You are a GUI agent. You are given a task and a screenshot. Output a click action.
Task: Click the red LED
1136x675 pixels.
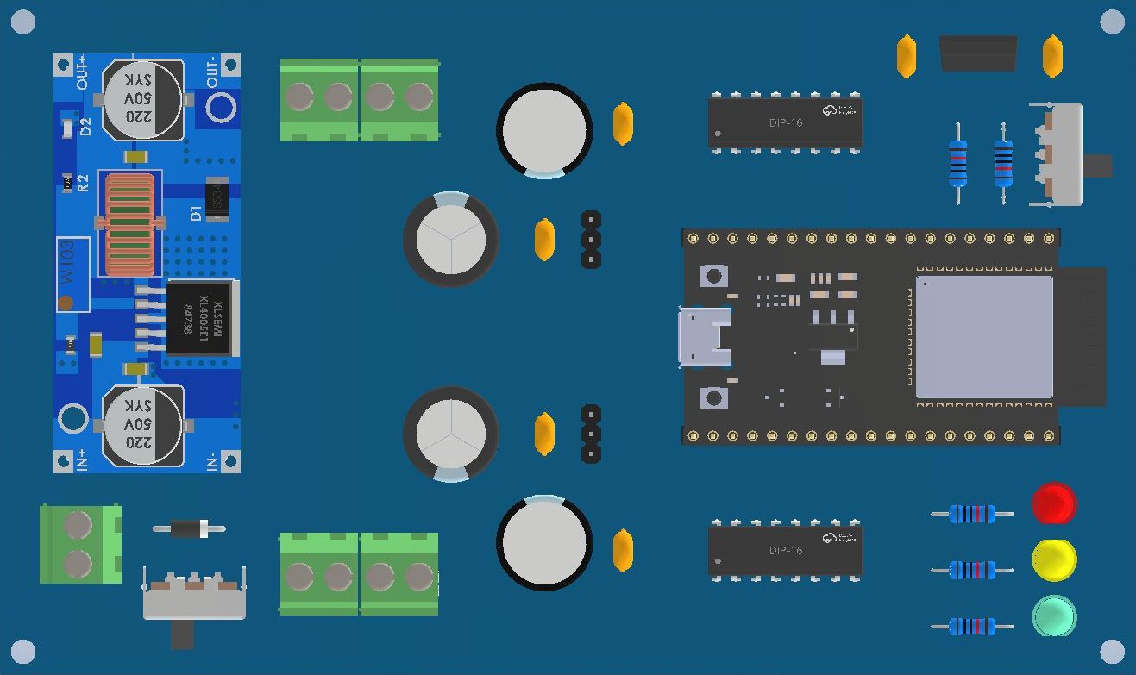(x=1053, y=503)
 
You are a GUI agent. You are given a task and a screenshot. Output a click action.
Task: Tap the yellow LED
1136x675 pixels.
(x=1053, y=560)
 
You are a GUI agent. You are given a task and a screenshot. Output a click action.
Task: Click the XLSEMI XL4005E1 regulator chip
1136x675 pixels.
(x=200, y=317)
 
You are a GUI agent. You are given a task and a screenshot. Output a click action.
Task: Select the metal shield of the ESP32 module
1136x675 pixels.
(x=983, y=336)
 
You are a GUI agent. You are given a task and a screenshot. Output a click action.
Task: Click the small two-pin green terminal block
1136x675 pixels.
(x=79, y=544)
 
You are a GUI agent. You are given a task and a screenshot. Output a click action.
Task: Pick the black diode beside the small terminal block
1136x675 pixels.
(x=189, y=528)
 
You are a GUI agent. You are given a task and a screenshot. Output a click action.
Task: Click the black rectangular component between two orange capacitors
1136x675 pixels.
(x=977, y=53)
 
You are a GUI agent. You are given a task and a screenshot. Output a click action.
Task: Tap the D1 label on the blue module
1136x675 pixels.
(x=196, y=212)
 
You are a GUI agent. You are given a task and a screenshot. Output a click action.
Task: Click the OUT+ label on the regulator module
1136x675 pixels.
(x=83, y=73)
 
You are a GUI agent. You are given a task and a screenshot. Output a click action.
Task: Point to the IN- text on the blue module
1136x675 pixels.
(x=212, y=460)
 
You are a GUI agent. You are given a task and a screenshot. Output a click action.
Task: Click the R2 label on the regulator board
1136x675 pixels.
(x=83, y=182)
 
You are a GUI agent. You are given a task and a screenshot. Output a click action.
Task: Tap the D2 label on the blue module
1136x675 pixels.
(x=85, y=127)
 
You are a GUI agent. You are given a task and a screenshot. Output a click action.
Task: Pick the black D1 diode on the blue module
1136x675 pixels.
(x=217, y=198)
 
